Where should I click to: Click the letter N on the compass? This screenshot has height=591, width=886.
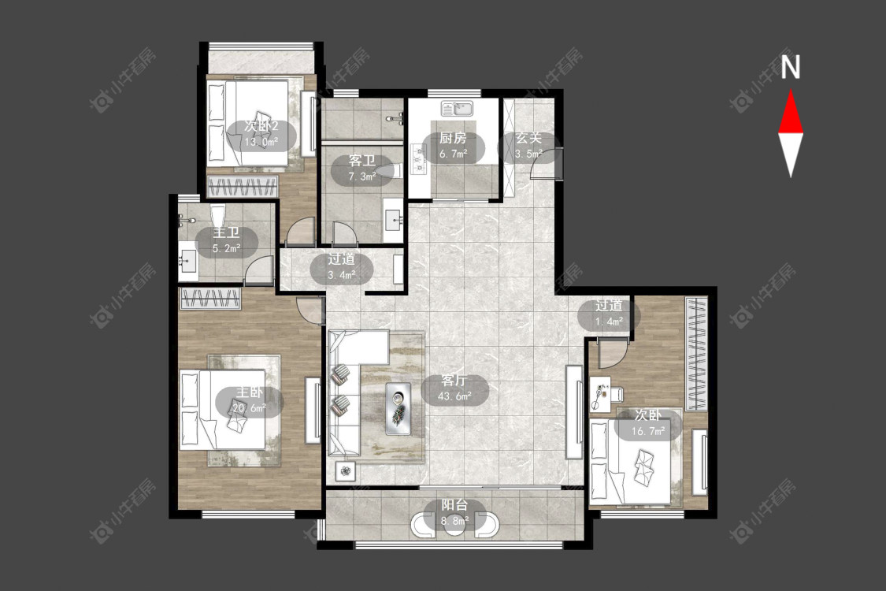pyautogui.click(x=791, y=67)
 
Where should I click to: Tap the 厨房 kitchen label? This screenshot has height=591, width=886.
pyautogui.click(x=453, y=137)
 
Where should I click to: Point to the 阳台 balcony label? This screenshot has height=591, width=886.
pyautogui.click(x=455, y=504)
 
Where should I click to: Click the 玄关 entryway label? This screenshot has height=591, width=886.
pyautogui.click(x=529, y=137)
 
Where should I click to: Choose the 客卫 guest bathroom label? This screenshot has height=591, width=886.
pyautogui.click(x=361, y=162)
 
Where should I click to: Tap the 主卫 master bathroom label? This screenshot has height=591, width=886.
pyautogui.click(x=227, y=232)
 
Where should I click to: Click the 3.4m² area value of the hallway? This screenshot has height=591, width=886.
pyautogui.click(x=341, y=276)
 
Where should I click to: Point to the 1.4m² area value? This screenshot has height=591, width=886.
pyautogui.click(x=609, y=322)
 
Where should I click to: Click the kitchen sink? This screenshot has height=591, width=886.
pyautogui.click(x=458, y=107)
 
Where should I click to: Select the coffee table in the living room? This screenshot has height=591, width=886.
pyautogui.click(x=399, y=409)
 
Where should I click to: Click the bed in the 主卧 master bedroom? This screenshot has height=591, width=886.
pyautogui.click(x=222, y=410)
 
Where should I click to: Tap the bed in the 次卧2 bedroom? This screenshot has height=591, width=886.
pyautogui.click(x=249, y=123)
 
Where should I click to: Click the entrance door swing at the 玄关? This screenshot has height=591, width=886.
pyautogui.click(x=544, y=164)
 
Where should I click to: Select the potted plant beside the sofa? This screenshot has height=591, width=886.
pyautogui.click(x=344, y=470)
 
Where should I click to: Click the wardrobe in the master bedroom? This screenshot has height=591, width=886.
pyautogui.click(x=210, y=298)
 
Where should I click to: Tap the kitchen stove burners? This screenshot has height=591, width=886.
pyautogui.click(x=419, y=158)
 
